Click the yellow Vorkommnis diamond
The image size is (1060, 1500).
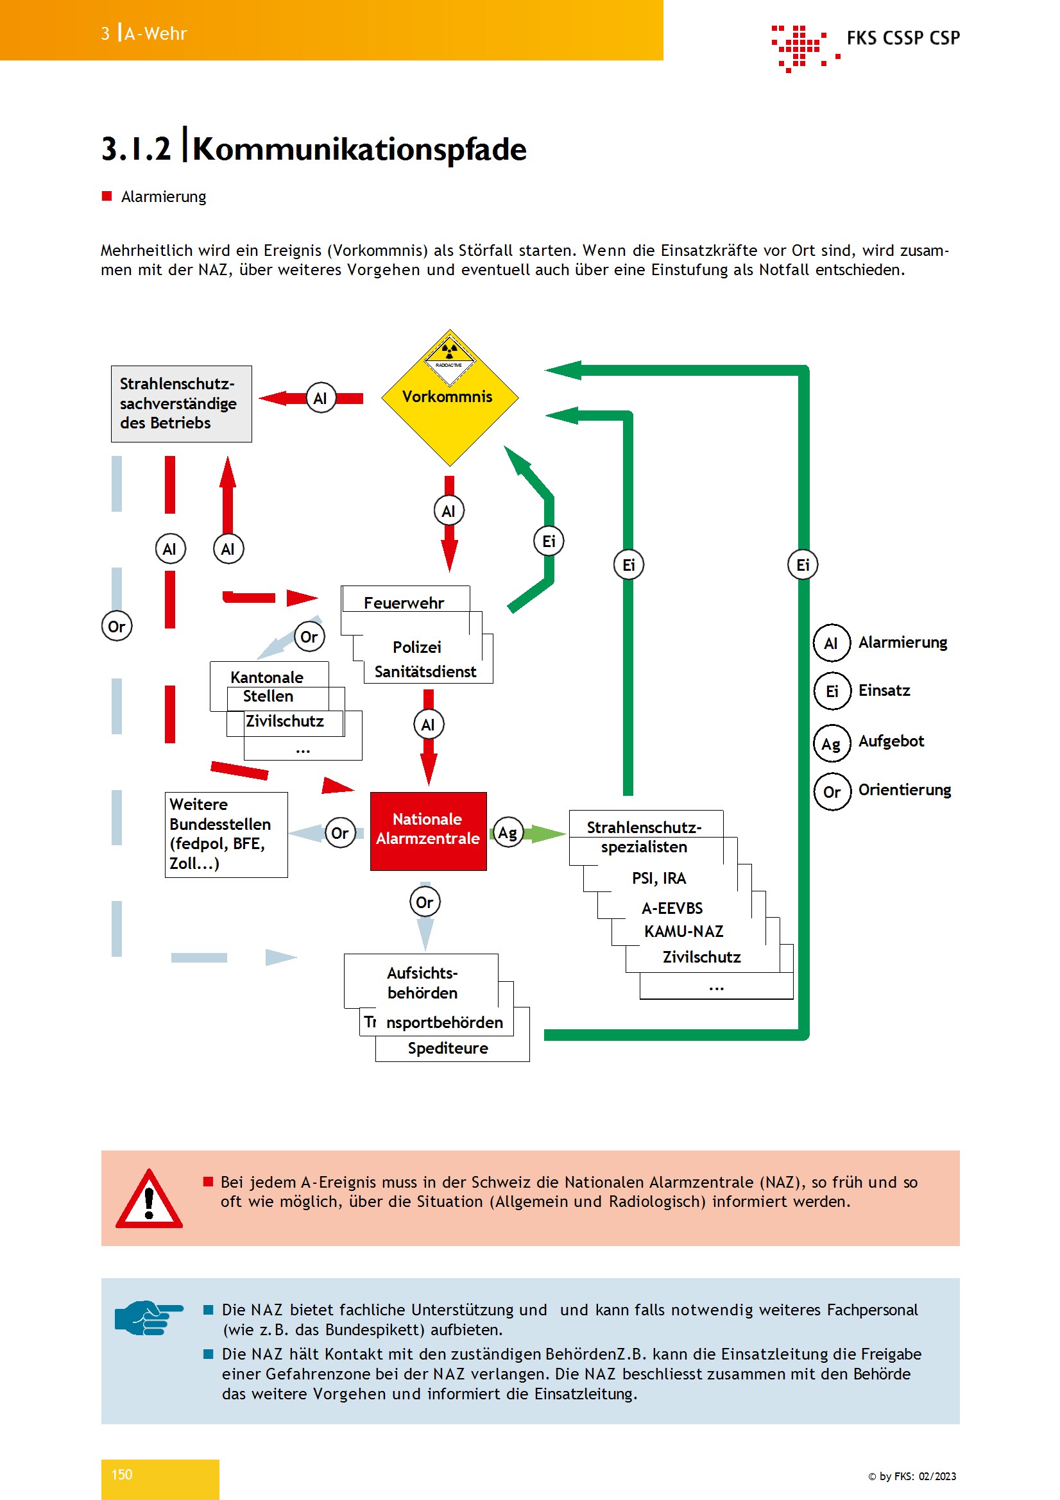[x=450, y=397]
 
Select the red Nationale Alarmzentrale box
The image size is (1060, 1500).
[x=428, y=831]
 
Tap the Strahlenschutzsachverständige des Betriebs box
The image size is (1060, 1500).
[x=181, y=404]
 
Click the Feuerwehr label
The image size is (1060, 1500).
[x=404, y=603]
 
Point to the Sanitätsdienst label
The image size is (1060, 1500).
[x=425, y=671]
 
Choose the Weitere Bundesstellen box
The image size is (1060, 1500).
[x=226, y=834]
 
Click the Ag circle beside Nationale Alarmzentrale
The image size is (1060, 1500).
[x=508, y=832]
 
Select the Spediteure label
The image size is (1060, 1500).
[x=448, y=1048]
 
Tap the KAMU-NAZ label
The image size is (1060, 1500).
[x=683, y=931]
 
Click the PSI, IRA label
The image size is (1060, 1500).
[x=659, y=878]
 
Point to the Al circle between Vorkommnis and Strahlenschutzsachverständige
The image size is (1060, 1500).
[x=321, y=398]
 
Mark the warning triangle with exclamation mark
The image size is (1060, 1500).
[x=149, y=1199]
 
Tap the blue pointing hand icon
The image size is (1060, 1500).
[x=148, y=1317]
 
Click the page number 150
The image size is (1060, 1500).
[x=121, y=1474]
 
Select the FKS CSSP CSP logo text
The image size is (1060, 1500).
[x=903, y=38]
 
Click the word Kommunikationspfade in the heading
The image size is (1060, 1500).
[x=359, y=149]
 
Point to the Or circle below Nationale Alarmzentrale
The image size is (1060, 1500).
[x=425, y=902]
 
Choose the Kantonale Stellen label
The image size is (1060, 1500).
[x=268, y=687]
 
